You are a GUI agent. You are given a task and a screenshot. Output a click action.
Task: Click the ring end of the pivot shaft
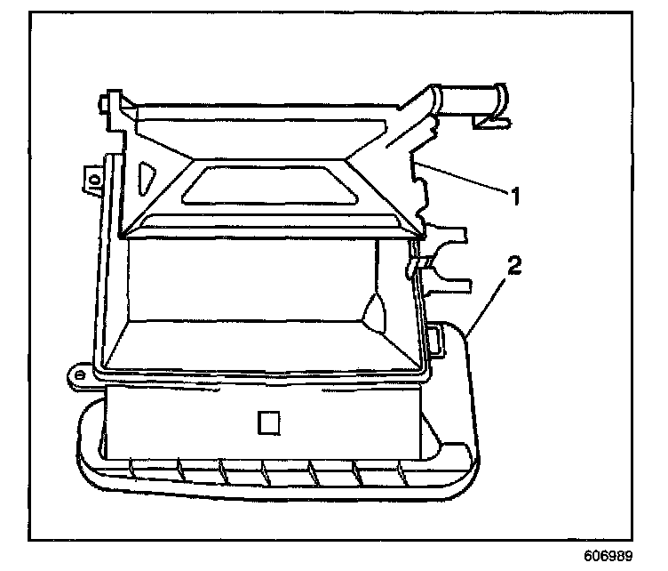[x=499, y=95]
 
